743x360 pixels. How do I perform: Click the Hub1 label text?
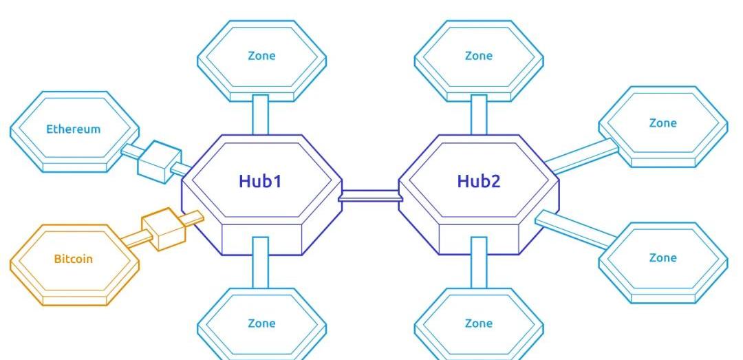pos(261,181)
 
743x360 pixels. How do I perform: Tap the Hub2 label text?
pos(479,181)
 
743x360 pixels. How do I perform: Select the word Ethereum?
pos(73,129)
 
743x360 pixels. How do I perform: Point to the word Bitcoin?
pos(73,260)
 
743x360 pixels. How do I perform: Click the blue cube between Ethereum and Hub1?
pos(153,160)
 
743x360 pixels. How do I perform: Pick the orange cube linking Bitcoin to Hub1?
pos(163,230)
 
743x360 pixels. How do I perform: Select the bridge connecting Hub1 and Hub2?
pos(370,197)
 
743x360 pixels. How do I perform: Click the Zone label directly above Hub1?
pos(261,56)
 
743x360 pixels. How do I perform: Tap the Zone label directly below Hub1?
pos(261,323)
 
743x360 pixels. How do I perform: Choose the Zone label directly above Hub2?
pos(479,56)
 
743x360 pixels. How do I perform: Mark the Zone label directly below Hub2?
pos(479,323)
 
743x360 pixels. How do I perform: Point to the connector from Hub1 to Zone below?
pos(260,262)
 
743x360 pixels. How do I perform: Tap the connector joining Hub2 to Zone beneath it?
pos(478,262)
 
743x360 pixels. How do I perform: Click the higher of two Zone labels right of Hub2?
pos(663,123)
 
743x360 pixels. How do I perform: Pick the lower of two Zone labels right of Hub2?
pos(663,257)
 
